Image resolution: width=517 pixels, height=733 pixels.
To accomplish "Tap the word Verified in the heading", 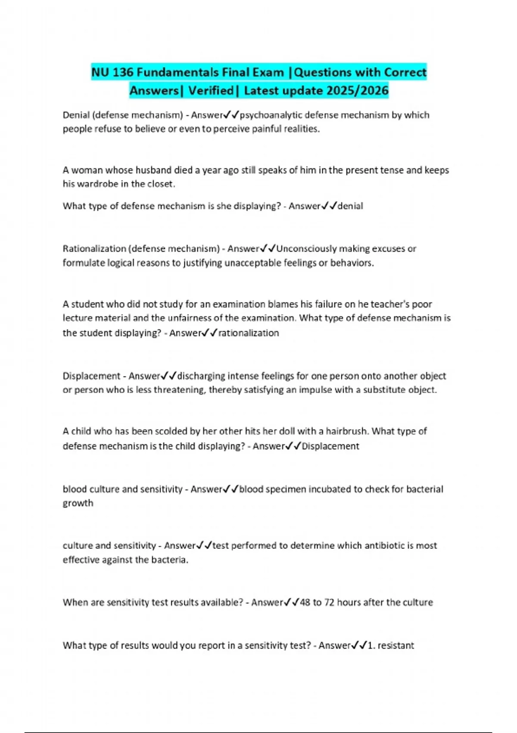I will tap(211, 91).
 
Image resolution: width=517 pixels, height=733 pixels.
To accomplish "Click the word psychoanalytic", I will tap(271, 115).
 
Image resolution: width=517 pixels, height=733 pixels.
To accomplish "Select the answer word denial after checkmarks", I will tap(350, 206).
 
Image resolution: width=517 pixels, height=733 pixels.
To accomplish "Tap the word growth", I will tap(78, 503).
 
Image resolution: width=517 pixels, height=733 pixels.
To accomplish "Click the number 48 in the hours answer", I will tap(305, 602).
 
